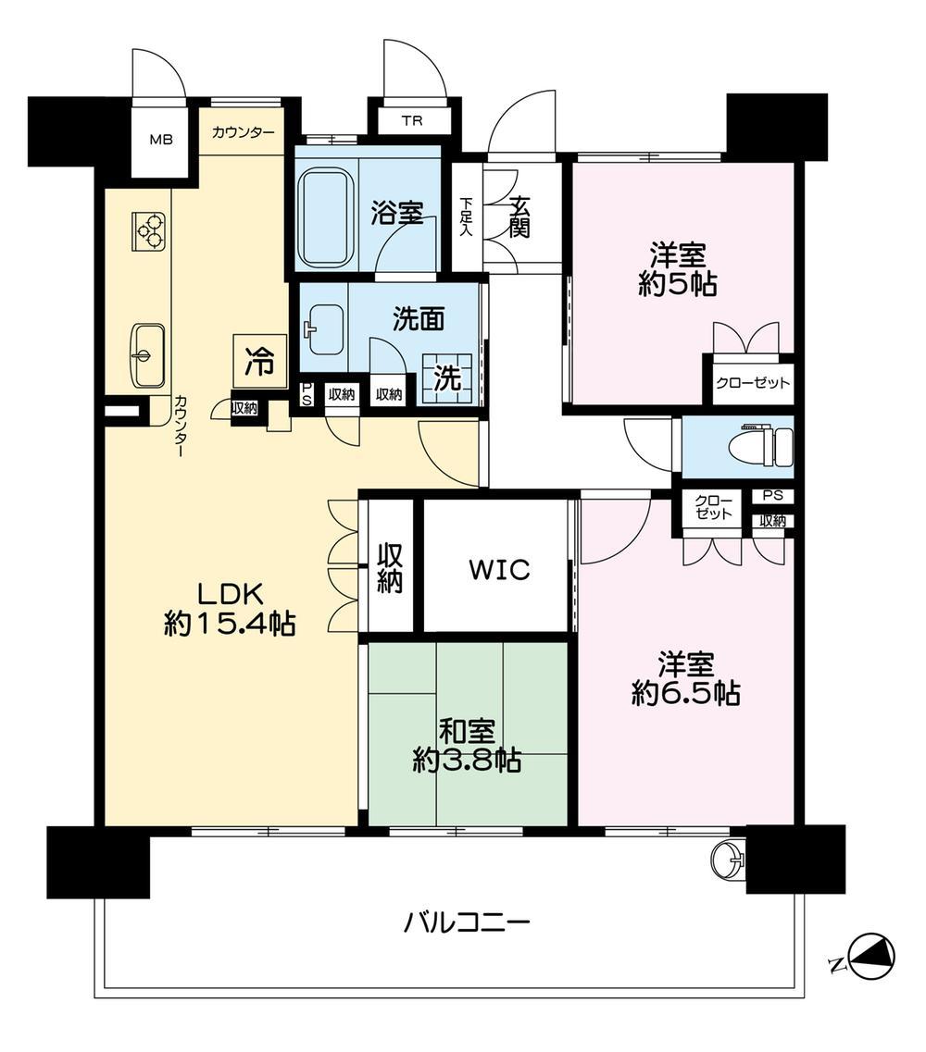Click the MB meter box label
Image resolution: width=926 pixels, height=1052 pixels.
coord(160,140)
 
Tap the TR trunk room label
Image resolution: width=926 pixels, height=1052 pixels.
coord(412,121)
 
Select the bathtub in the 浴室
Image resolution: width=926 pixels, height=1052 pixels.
coord(326,217)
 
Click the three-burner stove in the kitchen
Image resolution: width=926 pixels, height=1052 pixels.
coord(148,230)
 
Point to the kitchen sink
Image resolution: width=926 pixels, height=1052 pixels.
coord(147,355)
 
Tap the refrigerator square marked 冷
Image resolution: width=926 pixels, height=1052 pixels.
coord(260,361)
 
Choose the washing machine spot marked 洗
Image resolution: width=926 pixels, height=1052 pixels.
coord(446,379)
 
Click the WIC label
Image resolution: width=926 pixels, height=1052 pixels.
coord(499,570)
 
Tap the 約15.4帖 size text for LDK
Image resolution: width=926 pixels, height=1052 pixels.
coord(229,625)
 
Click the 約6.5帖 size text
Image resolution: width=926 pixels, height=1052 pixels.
coord(685,693)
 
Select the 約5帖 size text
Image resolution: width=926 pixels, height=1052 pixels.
coord(677,285)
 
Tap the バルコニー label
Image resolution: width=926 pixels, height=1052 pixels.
coord(467,923)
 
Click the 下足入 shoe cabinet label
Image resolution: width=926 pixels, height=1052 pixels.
coord(466,217)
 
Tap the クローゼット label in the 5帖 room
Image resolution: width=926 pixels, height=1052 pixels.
coord(752,383)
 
